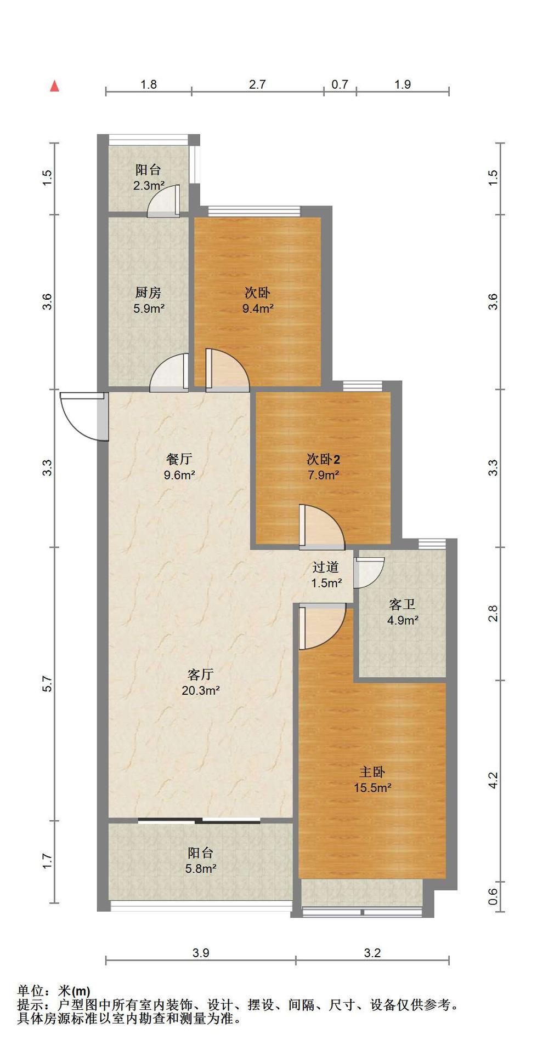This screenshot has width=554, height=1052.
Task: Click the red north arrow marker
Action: [x=54, y=86]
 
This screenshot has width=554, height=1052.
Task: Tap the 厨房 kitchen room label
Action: [x=149, y=300]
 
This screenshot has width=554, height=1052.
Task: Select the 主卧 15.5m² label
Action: [x=372, y=780]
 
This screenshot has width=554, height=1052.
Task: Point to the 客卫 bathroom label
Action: [x=403, y=612]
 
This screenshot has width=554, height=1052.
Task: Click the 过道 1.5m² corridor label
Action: [x=326, y=575]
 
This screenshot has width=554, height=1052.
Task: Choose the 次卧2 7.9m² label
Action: [x=324, y=467]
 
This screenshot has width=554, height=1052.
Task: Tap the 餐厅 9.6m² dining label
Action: [x=179, y=467]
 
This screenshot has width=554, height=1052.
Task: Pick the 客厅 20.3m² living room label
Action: [x=201, y=682]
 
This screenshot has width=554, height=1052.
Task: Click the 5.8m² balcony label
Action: [x=201, y=860]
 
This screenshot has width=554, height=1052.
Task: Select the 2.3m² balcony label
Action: [x=149, y=178]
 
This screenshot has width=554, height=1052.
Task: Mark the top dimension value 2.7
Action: [x=257, y=84]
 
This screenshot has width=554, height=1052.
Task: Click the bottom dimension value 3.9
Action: [x=201, y=953]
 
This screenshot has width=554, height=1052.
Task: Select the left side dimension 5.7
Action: [x=47, y=683]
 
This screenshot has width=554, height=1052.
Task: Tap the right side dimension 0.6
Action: [x=493, y=896]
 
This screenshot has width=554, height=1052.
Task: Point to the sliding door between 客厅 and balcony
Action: [x=200, y=820]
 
